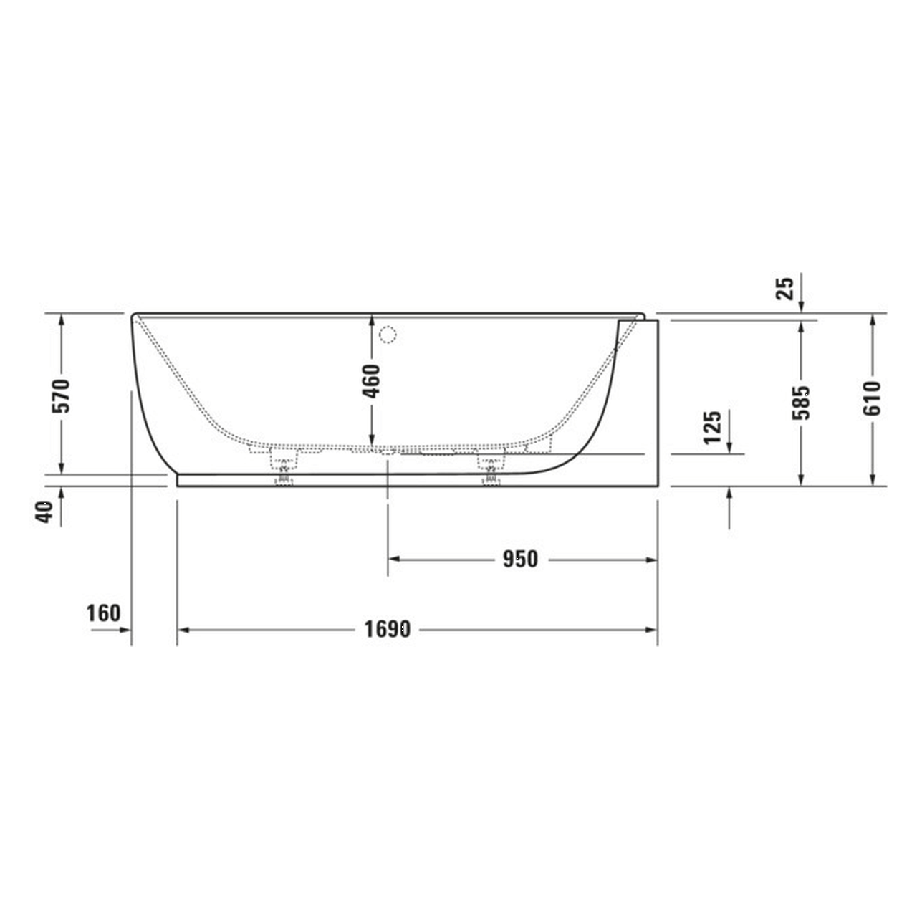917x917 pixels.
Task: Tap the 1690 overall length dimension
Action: pyautogui.click(x=388, y=630)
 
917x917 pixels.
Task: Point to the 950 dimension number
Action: pyautogui.click(x=519, y=559)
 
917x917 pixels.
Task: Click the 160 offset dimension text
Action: pyautogui.click(x=104, y=614)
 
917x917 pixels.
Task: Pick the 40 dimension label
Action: pyautogui.click(x=45, y=513)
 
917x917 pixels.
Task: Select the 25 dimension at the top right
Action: pyautogui.click(x=786, y=288)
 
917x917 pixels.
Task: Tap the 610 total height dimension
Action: pyautogui.click(x=872, y=398)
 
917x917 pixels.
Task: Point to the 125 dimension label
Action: pyautogui.click(x=711, y=428)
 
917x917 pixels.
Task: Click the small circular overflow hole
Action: pyautogui.click(x=388, y=334)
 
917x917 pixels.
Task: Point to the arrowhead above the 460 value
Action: pyautogui.click(x=372, y=320)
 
